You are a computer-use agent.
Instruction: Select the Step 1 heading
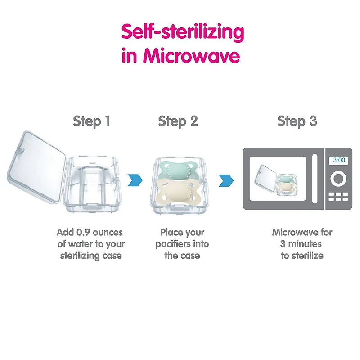tap(92, 121)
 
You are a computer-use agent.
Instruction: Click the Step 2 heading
tap(178, 121)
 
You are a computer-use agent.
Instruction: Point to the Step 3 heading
tap(297, 121)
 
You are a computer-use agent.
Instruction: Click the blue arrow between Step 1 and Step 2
tap(135, 180)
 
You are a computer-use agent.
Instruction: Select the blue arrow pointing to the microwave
tap(226, 180)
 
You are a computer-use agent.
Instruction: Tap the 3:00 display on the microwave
tap(339, 160)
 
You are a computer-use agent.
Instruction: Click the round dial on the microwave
tap(339, 179)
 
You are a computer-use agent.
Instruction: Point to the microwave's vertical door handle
tap(315, 179)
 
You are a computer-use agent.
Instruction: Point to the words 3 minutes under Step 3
tap(301, 244)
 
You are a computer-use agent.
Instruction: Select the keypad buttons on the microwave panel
tap(338, 197)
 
